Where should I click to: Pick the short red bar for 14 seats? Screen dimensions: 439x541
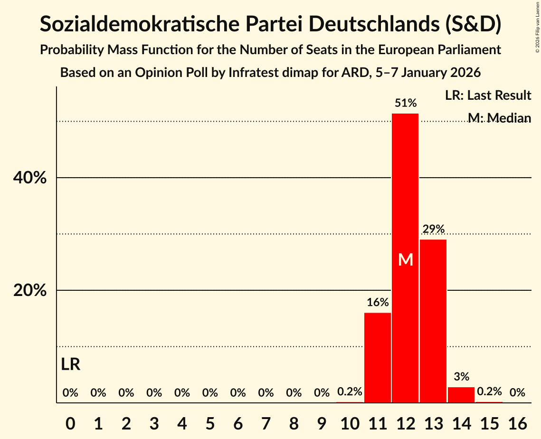point(461,395)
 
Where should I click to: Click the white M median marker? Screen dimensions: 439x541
point(406,259)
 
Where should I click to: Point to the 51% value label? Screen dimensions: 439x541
point(406,103)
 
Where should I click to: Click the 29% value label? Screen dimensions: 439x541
point(433,229)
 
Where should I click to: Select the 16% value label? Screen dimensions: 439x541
point(378,302)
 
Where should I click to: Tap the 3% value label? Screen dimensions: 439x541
point(461,377)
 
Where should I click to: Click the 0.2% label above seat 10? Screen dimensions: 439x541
point(350,392)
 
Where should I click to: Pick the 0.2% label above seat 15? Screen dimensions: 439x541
point(489,391)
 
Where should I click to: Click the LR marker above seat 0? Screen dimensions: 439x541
point(71,364)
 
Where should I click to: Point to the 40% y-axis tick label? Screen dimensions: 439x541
point(29,178)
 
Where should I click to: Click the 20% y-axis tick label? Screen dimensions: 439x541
point(29,290)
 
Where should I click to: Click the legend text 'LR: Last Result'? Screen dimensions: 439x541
point(488,95)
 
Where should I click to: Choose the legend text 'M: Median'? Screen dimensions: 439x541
point(499,118)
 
